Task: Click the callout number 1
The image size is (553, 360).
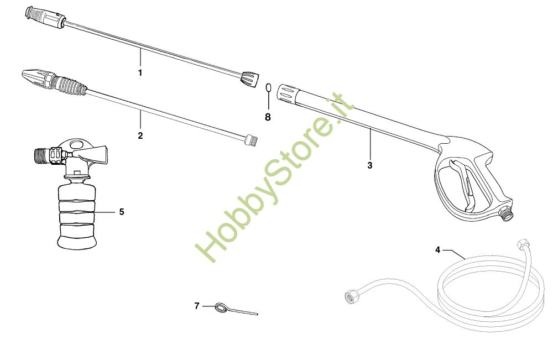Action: [140, 72]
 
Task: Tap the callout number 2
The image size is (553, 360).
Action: [140, 135]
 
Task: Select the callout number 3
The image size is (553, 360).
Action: [369, 165]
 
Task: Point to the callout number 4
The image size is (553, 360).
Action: [437, 250]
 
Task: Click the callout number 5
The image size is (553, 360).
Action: [122, 212]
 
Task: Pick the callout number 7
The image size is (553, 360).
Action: [196, 306]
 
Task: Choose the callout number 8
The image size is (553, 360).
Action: [268, 117]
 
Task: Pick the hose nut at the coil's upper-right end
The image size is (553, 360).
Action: [521, 244]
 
